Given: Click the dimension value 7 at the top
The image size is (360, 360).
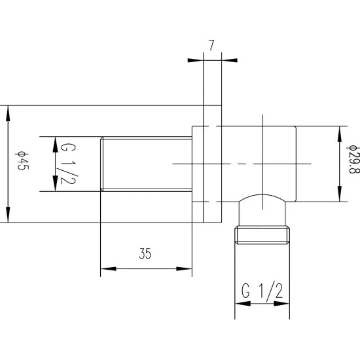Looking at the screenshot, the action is pos(211,45).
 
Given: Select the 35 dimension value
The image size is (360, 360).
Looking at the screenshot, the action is pos(145,253).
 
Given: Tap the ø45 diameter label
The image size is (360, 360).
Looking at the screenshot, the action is pos(23,161).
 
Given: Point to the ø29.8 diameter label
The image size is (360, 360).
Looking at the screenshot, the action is pos(352,159).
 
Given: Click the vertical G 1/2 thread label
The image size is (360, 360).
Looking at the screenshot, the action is pos(69,164).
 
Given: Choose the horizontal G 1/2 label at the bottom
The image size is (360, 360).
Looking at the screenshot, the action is pos(262,291).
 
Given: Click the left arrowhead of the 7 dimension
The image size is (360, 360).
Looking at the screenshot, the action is pos(196,60).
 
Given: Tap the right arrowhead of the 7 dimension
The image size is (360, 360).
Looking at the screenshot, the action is pos(229,60).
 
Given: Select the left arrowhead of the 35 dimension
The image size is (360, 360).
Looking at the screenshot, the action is pos(109,268).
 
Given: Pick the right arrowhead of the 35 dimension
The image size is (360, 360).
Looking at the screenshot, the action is pos(184,268).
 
